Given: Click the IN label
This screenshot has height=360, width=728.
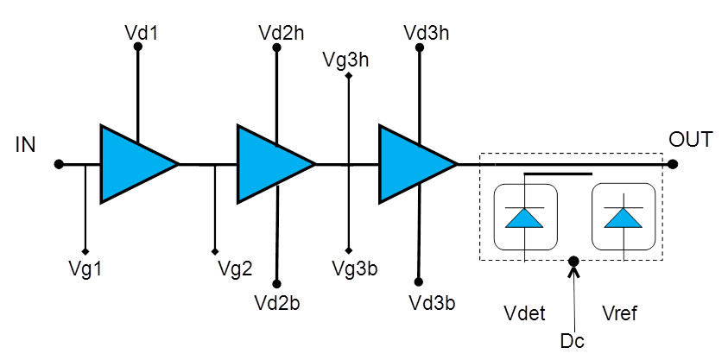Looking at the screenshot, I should pos(26,144).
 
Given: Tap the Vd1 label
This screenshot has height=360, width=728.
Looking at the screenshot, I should pos(138,33).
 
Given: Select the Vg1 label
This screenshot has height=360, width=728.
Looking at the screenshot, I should pos(85,268).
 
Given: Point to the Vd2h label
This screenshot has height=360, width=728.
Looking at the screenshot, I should pos(280,33).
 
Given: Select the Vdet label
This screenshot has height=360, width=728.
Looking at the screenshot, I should pos(524,313).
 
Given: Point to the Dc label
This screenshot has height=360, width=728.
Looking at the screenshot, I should pos(572,340).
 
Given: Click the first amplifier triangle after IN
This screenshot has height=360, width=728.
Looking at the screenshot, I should pos(134,164).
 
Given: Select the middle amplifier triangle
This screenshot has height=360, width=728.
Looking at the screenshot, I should pos(271,164).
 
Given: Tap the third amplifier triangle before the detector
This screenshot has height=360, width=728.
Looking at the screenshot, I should pos(413,164).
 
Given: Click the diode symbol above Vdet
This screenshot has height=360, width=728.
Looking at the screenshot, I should pos(525,218).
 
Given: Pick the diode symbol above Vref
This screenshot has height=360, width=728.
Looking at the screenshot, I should pos(623,218).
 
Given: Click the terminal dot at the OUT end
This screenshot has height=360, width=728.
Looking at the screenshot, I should pos(673,164).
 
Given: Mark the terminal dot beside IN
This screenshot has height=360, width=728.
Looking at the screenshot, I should pos(58,164).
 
